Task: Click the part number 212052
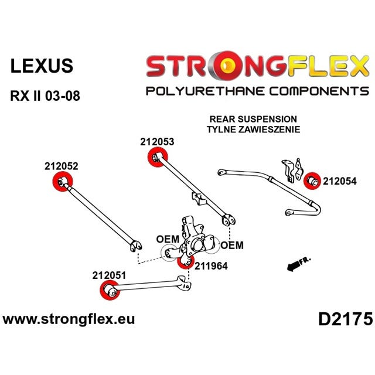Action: coord(61,166)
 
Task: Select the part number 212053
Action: coord(157,142)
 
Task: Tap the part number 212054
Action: coord(340,181)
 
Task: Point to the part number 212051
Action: coord(109,275)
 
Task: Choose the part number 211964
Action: coord(211,266)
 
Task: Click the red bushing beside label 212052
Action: coord(62,181)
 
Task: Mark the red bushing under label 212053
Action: coord(158,157)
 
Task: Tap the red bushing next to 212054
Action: coord(312,180)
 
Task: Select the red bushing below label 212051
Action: coord(110,290)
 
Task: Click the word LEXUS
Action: coord(42,66)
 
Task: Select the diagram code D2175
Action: coord(345,319)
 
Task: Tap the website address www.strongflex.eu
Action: coord(69,319)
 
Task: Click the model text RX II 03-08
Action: coord(45,96)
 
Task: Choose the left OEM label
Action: coord(168,239)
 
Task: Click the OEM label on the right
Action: coord(232,246)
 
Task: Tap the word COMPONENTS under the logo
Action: coord(319,91)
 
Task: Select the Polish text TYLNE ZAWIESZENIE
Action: coord(254,129)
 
